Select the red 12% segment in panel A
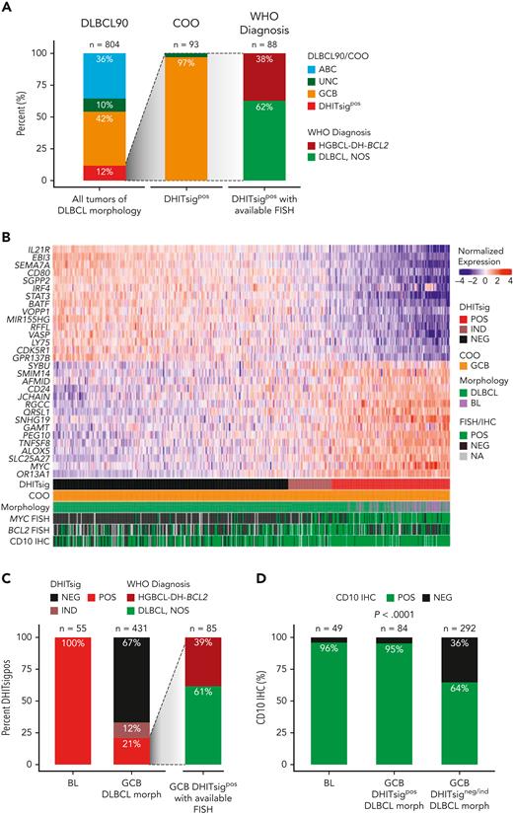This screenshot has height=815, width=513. [x=90, y=174]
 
